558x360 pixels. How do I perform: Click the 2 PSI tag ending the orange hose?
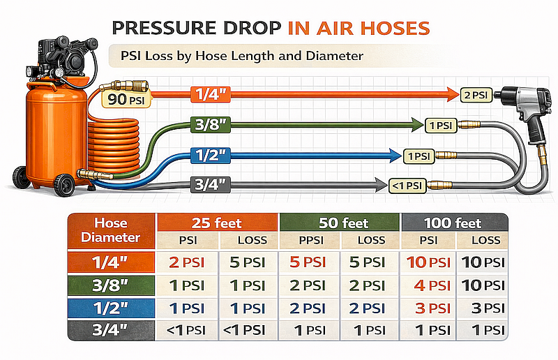click(475, 93)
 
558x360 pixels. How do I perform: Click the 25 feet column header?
click(218, 223)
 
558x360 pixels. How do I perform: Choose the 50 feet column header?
click(339, 223)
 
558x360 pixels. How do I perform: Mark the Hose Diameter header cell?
click(111, 230)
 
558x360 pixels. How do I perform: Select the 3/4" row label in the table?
click(111, 330)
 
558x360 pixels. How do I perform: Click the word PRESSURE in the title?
click(163, 29)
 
